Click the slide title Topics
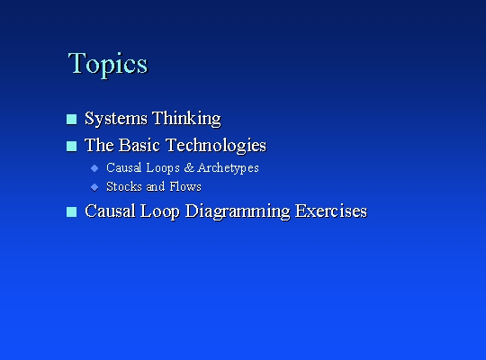(108, 64)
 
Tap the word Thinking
(186, 119)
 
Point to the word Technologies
(216, 146)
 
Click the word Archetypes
(228, 167)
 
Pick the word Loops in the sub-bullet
(163, 167)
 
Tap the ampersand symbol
(189, 167)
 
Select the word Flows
(185, 186)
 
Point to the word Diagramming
(238, 211)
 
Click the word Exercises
(331, 211)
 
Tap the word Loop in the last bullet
(159, 211)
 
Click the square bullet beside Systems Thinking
(72, 120)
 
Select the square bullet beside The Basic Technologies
(72, 147)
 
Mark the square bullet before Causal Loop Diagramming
(72, 212)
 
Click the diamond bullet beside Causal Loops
(94, 168)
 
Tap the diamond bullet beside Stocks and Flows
(94, 187)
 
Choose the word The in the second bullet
(99, 145)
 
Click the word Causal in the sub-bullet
(124, 167)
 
